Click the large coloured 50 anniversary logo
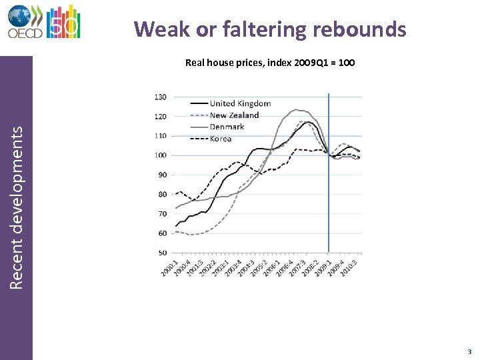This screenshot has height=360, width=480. click(65, 21)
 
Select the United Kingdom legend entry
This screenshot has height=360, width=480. click(240, 103)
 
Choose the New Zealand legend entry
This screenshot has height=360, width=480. click(234, 115)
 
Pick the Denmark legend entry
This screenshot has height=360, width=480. click(227, 127)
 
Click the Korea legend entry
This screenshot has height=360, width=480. click(221, 139)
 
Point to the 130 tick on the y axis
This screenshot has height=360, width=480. click(160, 97)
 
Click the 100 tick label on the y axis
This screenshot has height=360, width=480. click(160, 155)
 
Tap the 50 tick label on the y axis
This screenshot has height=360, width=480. click(162, 253)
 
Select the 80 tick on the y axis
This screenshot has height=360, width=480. click(162, 195)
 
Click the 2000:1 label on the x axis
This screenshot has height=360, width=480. click(169, 269)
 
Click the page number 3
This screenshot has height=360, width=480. click(469, 351)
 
